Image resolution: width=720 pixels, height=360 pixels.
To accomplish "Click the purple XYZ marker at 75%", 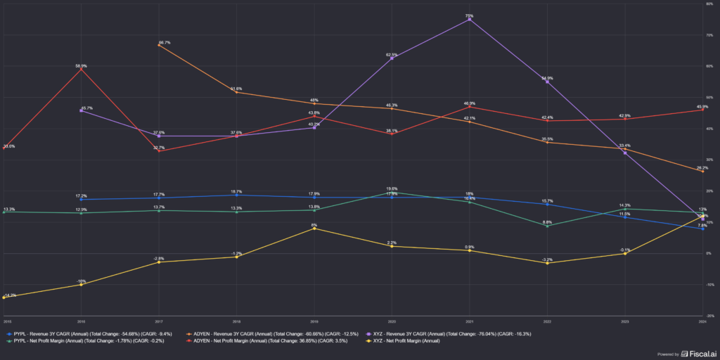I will click(x=470, y=19).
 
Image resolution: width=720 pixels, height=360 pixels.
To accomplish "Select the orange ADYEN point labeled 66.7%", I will click(x=159, y=45).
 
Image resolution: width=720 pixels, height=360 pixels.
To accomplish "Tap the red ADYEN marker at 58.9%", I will click(x=82, y=69).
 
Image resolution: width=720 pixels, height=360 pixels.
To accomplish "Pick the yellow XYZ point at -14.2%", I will click(x=4, y=297).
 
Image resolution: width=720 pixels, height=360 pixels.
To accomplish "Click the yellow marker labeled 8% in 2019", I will click(x=314, y=229).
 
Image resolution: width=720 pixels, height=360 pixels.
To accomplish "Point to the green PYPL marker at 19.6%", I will click(x=392, y=192).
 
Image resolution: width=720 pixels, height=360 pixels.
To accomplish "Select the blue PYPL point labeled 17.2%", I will click(x=82, y=199).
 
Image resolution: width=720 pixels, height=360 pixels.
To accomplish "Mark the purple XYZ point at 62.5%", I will click(x=392, y=58).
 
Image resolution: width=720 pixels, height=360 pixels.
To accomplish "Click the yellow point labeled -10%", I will click(x=82, y=284).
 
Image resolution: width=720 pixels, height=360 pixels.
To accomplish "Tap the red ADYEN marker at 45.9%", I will click(x=702, y=110).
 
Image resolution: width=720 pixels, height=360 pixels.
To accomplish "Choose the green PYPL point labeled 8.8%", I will click(x=547, y=226).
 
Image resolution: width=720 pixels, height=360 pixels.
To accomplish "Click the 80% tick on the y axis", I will click(x=711, y=4).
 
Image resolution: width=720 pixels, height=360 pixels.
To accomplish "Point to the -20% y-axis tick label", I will click(x=710, y=316).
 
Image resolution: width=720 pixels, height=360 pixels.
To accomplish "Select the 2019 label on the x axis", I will click(x=314, y=321).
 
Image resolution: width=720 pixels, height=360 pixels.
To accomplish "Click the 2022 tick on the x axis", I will click(x=547, y=321).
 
